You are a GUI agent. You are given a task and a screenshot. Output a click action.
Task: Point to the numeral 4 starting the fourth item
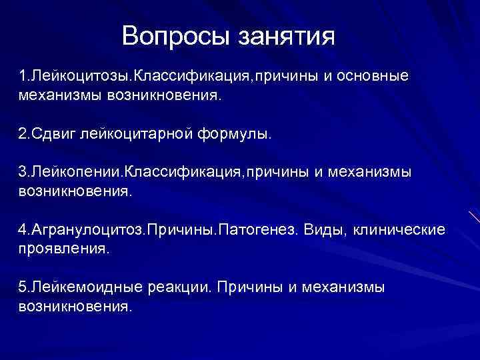(23, 230)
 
